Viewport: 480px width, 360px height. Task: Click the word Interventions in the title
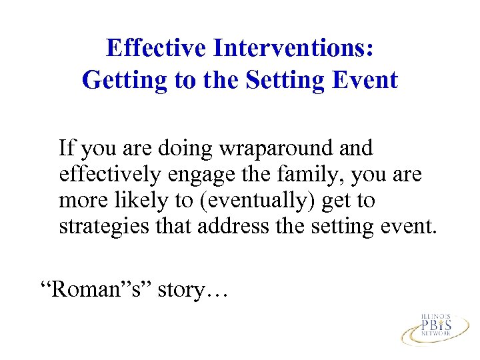293,48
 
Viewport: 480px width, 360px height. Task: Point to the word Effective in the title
157,48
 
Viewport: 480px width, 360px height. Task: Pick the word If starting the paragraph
67,147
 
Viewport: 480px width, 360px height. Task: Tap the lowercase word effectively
109,174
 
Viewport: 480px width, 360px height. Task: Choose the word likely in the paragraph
140,201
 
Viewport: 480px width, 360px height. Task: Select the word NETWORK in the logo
436,335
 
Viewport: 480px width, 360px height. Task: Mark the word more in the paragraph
80,201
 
